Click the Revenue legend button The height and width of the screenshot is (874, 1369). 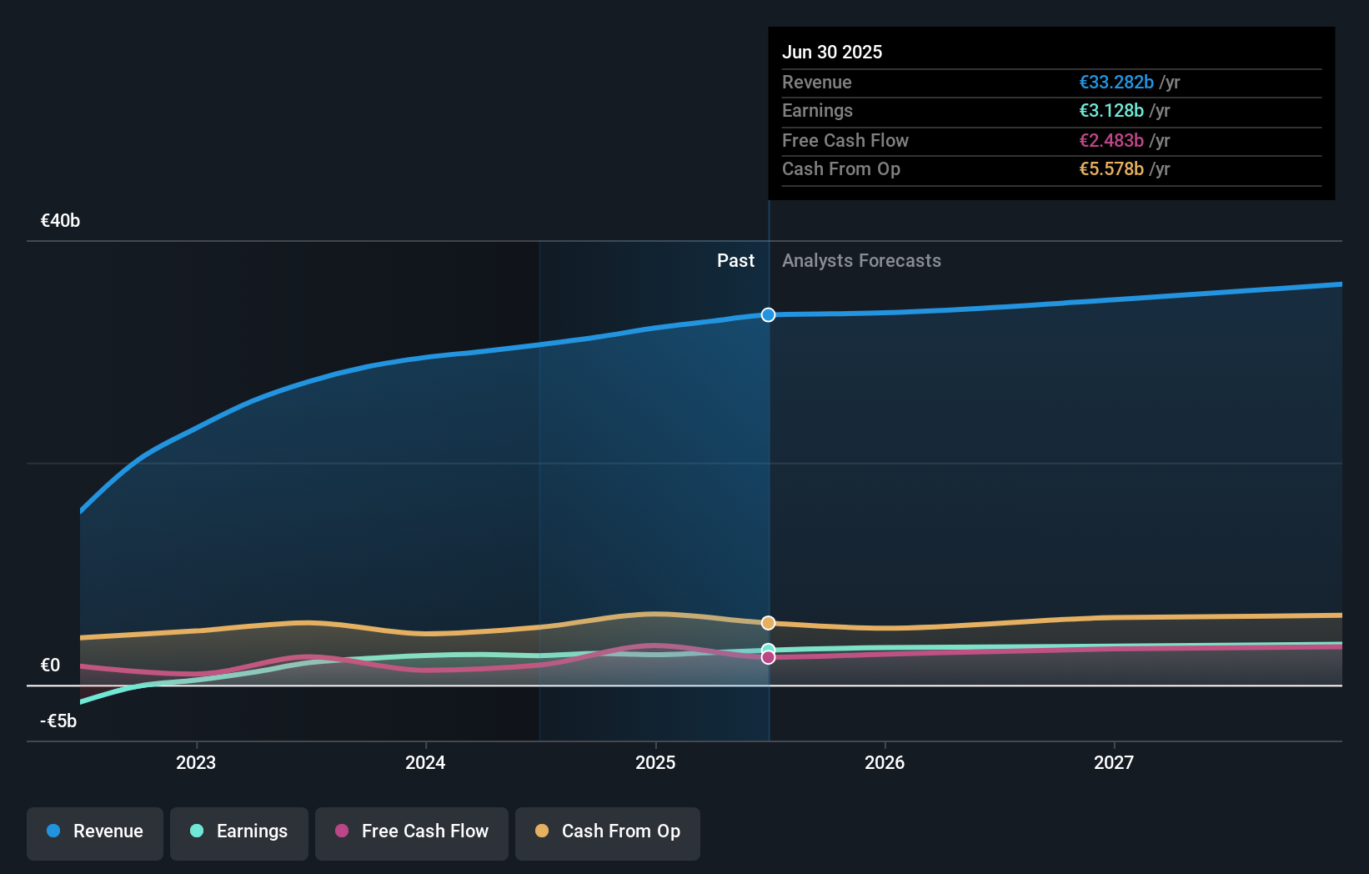95,832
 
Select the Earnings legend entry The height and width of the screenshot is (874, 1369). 239,832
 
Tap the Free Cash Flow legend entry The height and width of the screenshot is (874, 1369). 412,832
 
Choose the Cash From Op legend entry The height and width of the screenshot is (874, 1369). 608,832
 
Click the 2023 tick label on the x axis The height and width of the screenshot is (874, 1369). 196,763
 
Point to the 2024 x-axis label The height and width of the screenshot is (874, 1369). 425,763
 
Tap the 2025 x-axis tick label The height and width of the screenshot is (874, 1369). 655,763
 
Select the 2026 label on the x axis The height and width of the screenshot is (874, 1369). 885,763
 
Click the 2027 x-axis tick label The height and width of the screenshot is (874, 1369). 1114,763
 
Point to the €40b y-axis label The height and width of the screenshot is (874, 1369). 60,221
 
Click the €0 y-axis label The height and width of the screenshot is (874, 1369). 50,666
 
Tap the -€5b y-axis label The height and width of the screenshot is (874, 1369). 58,721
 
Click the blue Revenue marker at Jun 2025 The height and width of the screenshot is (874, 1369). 768,314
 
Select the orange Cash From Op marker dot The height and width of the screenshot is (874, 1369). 768,623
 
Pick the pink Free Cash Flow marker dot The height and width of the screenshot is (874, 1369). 768,658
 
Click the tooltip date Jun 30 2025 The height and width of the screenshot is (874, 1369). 832,53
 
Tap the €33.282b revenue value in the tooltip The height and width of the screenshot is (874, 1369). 1116,83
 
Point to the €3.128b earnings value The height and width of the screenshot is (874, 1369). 1111,111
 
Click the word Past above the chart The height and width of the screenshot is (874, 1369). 735,261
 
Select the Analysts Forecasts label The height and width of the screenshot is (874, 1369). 861,261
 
